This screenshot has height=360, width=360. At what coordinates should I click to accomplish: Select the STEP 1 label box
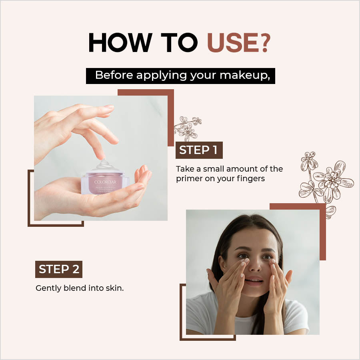[x=199, y=150]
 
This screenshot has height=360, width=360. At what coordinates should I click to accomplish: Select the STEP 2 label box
[x=58, y=269]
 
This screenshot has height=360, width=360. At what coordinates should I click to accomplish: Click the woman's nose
[x=255, y=268]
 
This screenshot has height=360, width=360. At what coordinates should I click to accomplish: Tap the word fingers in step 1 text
[x=251, y=179]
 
